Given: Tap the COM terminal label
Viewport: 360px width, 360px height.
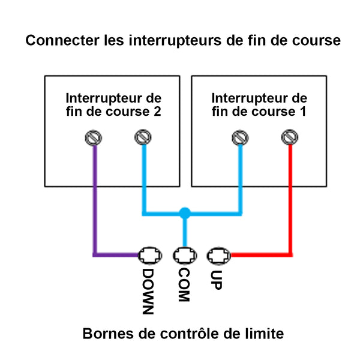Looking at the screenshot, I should [184, 284].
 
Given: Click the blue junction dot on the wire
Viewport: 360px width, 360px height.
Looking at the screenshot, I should [185, 212].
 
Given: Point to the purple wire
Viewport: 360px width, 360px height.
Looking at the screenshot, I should [94, 204].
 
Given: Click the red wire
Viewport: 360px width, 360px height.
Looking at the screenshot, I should [290, 204].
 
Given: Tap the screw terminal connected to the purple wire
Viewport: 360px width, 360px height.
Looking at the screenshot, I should [94, 139].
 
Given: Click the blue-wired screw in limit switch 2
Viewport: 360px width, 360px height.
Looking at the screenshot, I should [142, 139].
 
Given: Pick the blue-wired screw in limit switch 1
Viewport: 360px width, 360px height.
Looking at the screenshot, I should [240, 139].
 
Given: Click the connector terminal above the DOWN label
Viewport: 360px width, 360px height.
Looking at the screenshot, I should [150, 255].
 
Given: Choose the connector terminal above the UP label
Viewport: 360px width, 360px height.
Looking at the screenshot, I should [218, 255].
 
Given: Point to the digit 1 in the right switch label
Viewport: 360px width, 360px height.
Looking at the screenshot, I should [303, 112].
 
